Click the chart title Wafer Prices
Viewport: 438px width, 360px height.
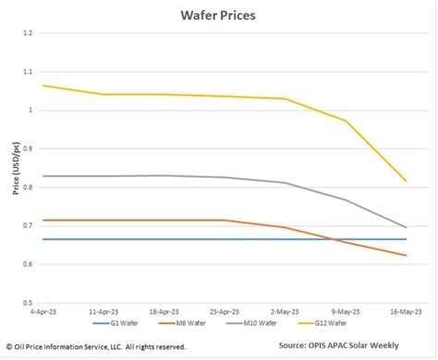tap(219, 16)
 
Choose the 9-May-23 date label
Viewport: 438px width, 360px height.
tap(347, 312)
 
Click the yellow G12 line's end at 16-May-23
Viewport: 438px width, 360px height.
tap(406, 181)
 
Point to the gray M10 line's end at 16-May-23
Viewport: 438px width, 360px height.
tap(406, 227)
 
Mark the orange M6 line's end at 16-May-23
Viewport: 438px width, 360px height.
tap(406, 256)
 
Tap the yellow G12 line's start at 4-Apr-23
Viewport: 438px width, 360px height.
tap(43, 85)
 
